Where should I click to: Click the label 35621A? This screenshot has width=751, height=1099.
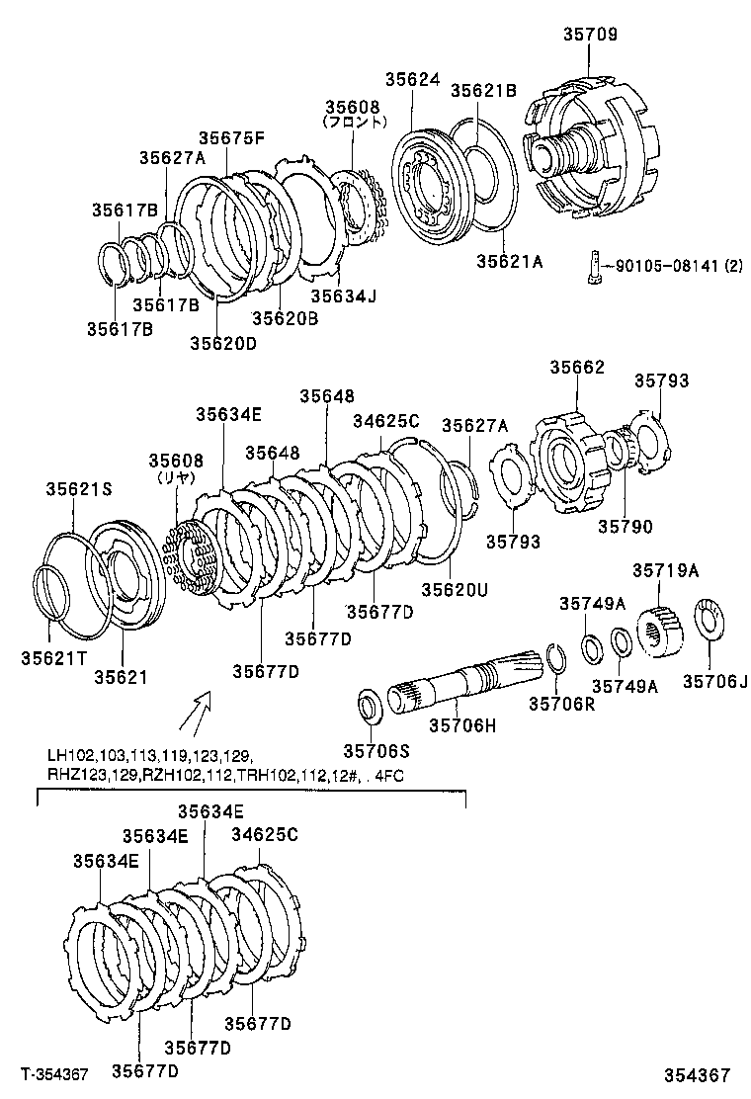tap(510, 261)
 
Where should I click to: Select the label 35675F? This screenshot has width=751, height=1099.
tap(231, 138)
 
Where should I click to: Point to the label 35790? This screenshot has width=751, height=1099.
tap(625, 527)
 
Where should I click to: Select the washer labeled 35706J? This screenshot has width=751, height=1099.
tap(709, 620)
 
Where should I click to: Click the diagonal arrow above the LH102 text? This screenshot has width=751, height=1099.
tap(200, 707)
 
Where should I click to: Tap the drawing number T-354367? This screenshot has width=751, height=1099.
tap(54, 1074)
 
